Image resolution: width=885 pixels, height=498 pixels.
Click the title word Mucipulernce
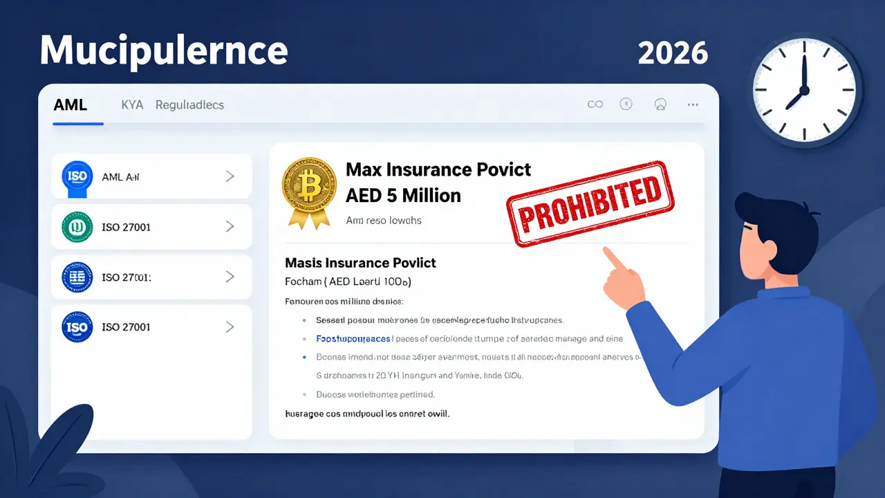click(164, 50)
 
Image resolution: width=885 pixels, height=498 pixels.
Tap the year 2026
click(673, 53)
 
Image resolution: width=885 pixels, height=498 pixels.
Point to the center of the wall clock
click(805, 89)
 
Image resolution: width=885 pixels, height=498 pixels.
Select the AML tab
click(71, 105)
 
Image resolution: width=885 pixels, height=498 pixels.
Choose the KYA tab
click(132, 105)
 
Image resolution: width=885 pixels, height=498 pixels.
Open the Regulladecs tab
click(189, 105)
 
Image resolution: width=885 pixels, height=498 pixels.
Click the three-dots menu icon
click(693, 104)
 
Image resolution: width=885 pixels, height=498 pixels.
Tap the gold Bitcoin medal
click(309, 187)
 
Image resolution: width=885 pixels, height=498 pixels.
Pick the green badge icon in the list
click(77, 227)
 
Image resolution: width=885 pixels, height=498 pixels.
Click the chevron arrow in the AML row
click(230, 177)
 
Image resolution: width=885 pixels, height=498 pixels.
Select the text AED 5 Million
click(403, 195)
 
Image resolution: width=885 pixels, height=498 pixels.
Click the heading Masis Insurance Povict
click(360, 263)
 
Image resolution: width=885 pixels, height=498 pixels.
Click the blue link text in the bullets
click(353, 339)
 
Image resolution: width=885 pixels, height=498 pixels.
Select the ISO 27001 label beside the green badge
click(126, 227)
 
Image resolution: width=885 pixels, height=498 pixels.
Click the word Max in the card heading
click(364, 169)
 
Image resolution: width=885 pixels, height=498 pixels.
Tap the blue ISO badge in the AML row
click(77, 177)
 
